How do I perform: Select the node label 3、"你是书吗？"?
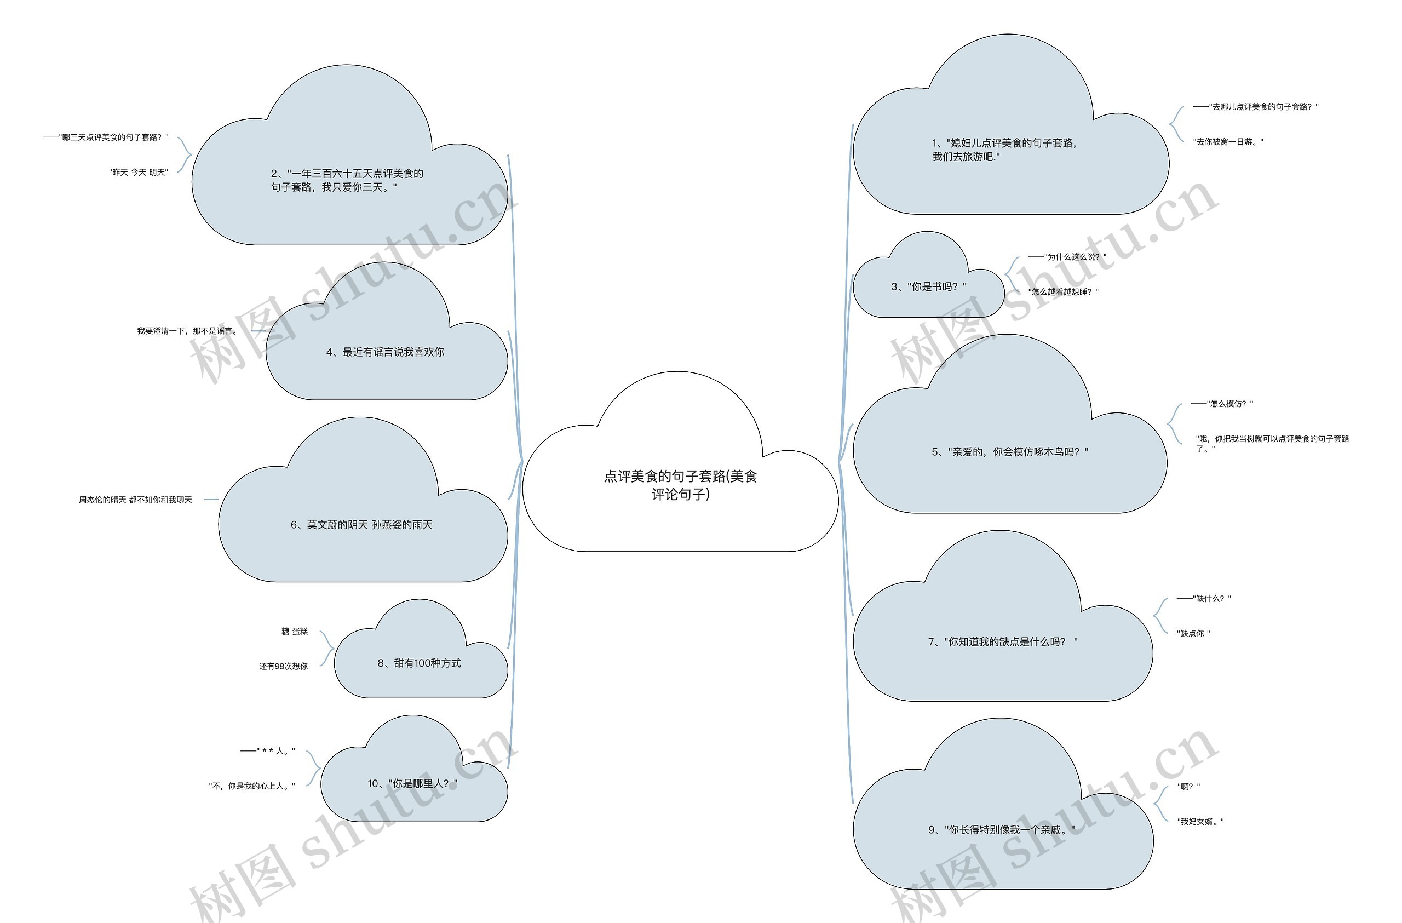(x=928, y=287)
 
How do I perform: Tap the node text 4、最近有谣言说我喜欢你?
(x=384, y=352)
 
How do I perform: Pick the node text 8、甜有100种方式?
(x=419, y=663)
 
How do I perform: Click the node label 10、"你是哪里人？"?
(x=412, y=783)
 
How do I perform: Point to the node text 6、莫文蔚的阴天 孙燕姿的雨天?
(x=361, y=525)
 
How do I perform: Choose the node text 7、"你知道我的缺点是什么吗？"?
(x=1003, y=642)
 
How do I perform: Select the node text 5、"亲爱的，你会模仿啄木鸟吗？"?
(x=1010, y=452)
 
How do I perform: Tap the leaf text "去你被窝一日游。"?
(x=1228, y=142)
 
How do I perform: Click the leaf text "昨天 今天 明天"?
(x=139, y=173)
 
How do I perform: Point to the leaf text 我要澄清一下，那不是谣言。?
(x=187, y=331)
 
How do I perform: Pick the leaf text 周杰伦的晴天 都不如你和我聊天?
(x=135, y=500)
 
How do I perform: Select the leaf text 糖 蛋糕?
(x=295, y=632)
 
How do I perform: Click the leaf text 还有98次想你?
(x=283, y=667)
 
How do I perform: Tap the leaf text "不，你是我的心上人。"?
(x=251, y=786)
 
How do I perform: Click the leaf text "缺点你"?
(x=1193, y=634)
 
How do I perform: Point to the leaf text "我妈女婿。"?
(x=1200, y=822)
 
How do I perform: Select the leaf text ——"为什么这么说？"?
(x=1067, y=257)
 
